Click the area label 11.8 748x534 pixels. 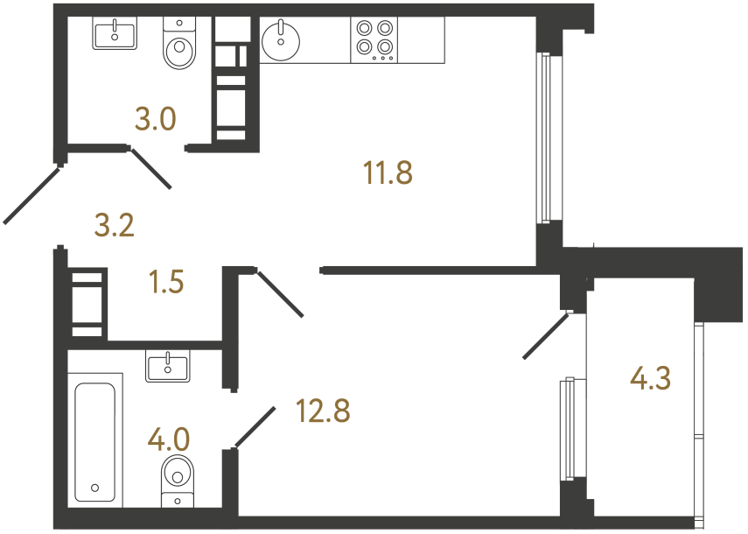388,173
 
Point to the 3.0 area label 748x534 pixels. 157,117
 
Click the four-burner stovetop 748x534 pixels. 374,39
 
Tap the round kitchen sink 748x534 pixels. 282,40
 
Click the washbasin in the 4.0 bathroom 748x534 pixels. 167,365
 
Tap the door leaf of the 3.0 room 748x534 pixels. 150,168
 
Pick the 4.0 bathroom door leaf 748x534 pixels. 255,426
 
